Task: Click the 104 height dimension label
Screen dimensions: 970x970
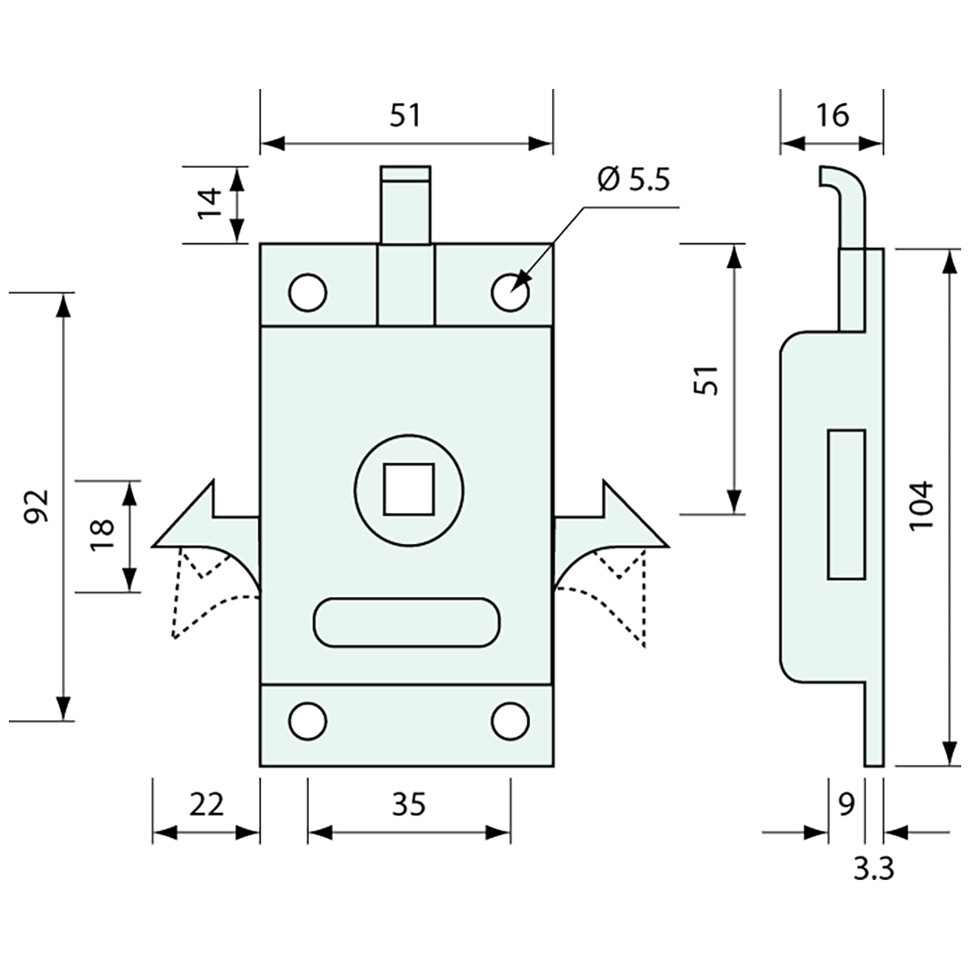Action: (919, 504)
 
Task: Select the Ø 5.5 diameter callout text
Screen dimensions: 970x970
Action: (633, 179)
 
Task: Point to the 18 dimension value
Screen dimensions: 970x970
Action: (103, 535)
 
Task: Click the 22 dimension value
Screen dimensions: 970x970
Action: (206, 804)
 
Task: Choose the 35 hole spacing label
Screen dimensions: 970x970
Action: (409, 804)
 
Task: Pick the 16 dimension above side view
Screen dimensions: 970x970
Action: (831, 115)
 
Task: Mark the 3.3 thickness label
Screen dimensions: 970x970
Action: (873, 869)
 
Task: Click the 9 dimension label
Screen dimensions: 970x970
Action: (845, 804)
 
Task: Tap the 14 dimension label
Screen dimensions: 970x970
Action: (209, 205)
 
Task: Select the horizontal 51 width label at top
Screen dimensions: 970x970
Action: (406, 115)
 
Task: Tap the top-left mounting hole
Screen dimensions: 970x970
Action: (308, 293)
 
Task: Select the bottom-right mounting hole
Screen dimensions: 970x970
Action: (510, 721)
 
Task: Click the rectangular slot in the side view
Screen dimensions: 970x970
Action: (846, 504)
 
